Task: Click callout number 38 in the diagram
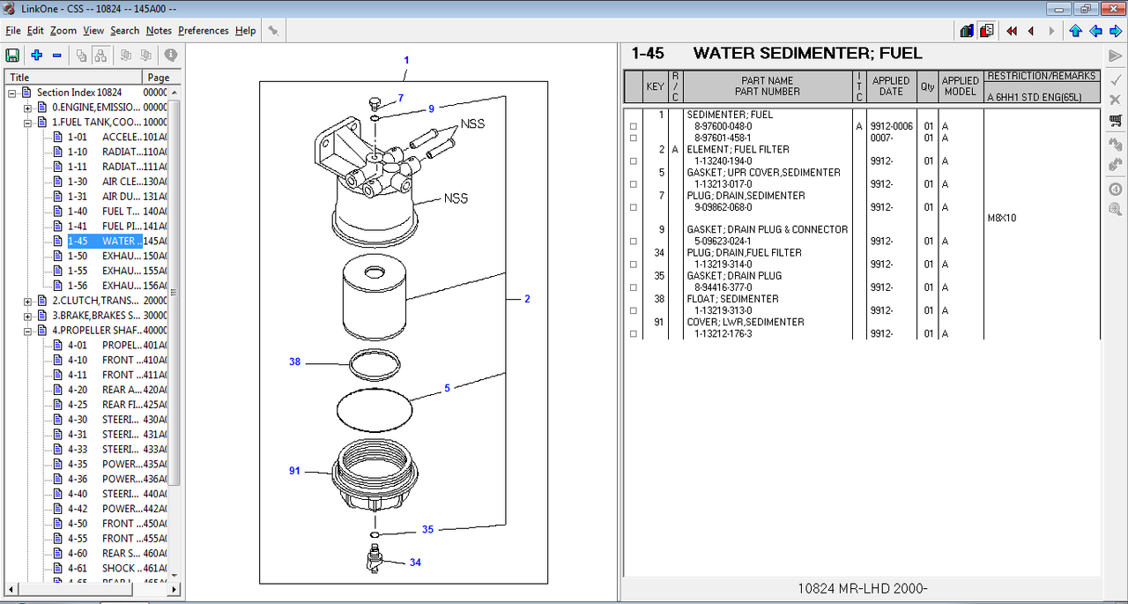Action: [294, 362]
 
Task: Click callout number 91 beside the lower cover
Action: [294, 471]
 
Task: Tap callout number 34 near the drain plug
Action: [415, 563]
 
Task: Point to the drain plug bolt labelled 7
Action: [375, 104]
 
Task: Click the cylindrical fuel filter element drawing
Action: [375, 297]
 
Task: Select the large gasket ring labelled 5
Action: [375, 409]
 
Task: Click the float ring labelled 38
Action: [375, 364]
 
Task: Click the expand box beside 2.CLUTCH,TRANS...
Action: [27, 302]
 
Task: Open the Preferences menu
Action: [203, 31]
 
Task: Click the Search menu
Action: [124, 31]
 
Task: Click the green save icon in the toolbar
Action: [12, 55]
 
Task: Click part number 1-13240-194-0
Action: [724, 161]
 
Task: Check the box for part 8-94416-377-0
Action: [634, 287]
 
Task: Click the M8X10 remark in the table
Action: [1002, 218]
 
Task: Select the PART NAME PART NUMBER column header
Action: [767, 86]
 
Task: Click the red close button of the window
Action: [1113, 9]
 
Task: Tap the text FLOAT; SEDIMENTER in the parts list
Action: [732, 299]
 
